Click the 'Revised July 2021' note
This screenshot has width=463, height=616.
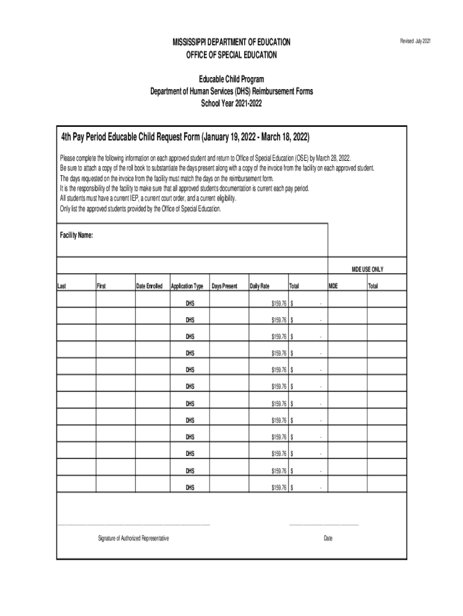tap(415, 41)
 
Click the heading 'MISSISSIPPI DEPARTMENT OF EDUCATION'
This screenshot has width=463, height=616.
tap(231, 42)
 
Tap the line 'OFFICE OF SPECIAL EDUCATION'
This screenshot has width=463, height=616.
tap(231, 55)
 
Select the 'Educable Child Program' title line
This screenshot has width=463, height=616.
tap(231, 79)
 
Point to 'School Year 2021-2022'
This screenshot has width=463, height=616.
tap(231, 103)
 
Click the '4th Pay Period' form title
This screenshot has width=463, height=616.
tap(185, 137)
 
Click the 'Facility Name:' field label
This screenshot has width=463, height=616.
tap(76, 235)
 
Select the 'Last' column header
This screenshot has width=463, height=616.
tap(61, 286)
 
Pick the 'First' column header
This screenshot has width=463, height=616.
tap(101, 286)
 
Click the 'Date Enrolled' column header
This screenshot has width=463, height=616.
tap(149, 286)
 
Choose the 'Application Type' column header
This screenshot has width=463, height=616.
tap(188, 286)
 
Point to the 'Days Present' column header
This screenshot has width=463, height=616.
tap(224, 286)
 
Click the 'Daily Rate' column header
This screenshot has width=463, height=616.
tap(260, 286)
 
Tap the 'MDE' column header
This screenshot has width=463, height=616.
tap(333, 286)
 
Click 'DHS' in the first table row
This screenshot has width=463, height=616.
tap(190, 303)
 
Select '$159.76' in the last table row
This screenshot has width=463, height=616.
tap(279, 487)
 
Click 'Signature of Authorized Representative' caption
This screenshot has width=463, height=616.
tap(133, 538)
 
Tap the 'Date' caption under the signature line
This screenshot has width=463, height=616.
tap(328, 538)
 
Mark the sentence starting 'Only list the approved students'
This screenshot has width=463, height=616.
tap(141, 209)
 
